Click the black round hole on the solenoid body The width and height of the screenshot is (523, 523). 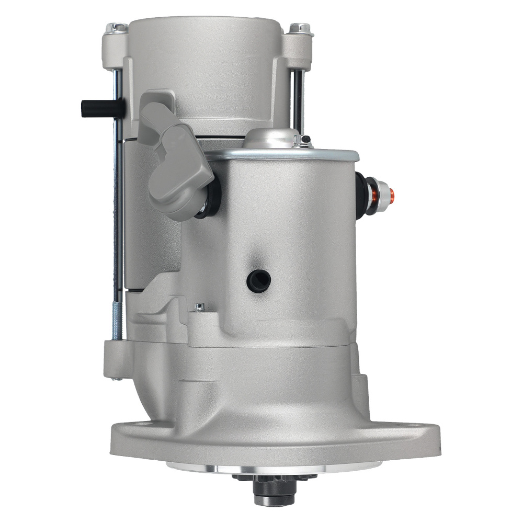pyautogui.click(x=259, y=282)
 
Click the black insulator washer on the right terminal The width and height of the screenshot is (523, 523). pyautogui.click(x=362, y=194)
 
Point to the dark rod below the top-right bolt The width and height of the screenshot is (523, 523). pyautogui.click(x=298, y=99)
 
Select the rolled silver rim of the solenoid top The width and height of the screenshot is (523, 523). pyautogui.click(x=293, y=155)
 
